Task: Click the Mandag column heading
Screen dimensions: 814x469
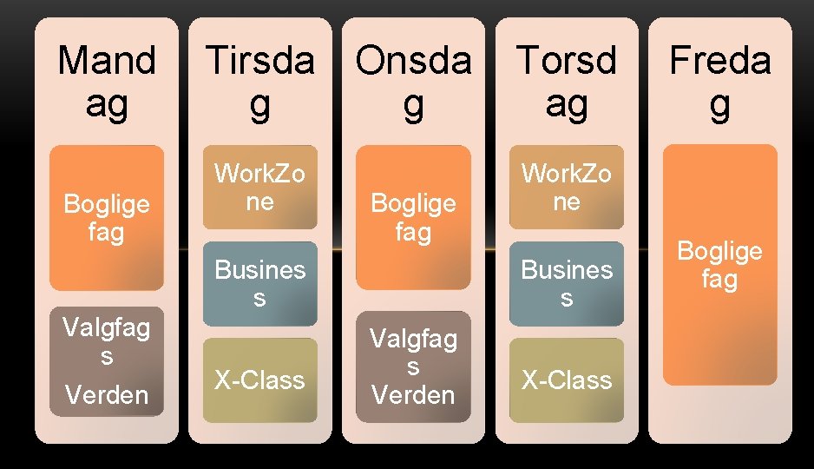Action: click(x=107, y=83)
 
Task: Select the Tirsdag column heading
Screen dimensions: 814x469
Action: click(x=259, y=83)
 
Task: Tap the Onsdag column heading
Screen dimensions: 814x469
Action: click(x=413, y=83)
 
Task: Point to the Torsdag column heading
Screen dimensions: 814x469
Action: click(x=566, y=83)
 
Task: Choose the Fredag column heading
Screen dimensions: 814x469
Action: click(x=719, y=83)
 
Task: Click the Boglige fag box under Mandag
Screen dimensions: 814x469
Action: click(x=107, y=217)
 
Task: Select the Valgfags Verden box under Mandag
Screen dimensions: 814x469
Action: click(x=107, y=361)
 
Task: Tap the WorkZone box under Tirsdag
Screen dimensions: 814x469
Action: click(x=259, y=188)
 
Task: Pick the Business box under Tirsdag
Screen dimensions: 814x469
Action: click(x=259, y=283)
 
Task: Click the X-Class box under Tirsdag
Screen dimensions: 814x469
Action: click(x=259, y=380)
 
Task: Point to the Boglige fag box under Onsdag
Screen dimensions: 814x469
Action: click(x=413, y=217)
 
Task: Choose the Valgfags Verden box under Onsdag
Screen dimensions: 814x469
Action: click(x=413, y=366)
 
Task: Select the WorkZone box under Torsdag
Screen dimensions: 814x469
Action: click(x=566, y=188)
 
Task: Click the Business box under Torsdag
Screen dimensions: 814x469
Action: click(x=566, y=283)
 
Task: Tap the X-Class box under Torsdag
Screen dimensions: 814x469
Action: click(x=566, y=380)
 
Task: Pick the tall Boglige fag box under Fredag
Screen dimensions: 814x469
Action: click(x=719, y=265)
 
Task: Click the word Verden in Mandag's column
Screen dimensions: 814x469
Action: click(x=107, y=395)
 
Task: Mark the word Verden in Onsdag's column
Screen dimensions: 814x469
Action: click(x=413, y=394)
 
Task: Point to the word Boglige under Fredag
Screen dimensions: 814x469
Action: click(x=719, y=251)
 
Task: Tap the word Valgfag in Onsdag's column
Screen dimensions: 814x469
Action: click(x=413, y=338)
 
